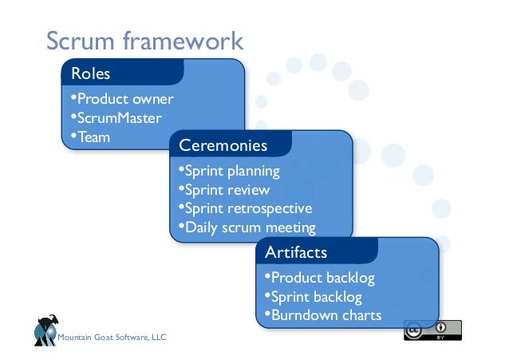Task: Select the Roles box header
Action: click(x=91, y=74)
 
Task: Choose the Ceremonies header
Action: click(x=223, y=146)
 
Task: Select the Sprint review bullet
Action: click(x=224, y=190)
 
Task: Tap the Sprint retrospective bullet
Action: click(x=244, y=208)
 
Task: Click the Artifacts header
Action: click(x=296, y=253)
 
